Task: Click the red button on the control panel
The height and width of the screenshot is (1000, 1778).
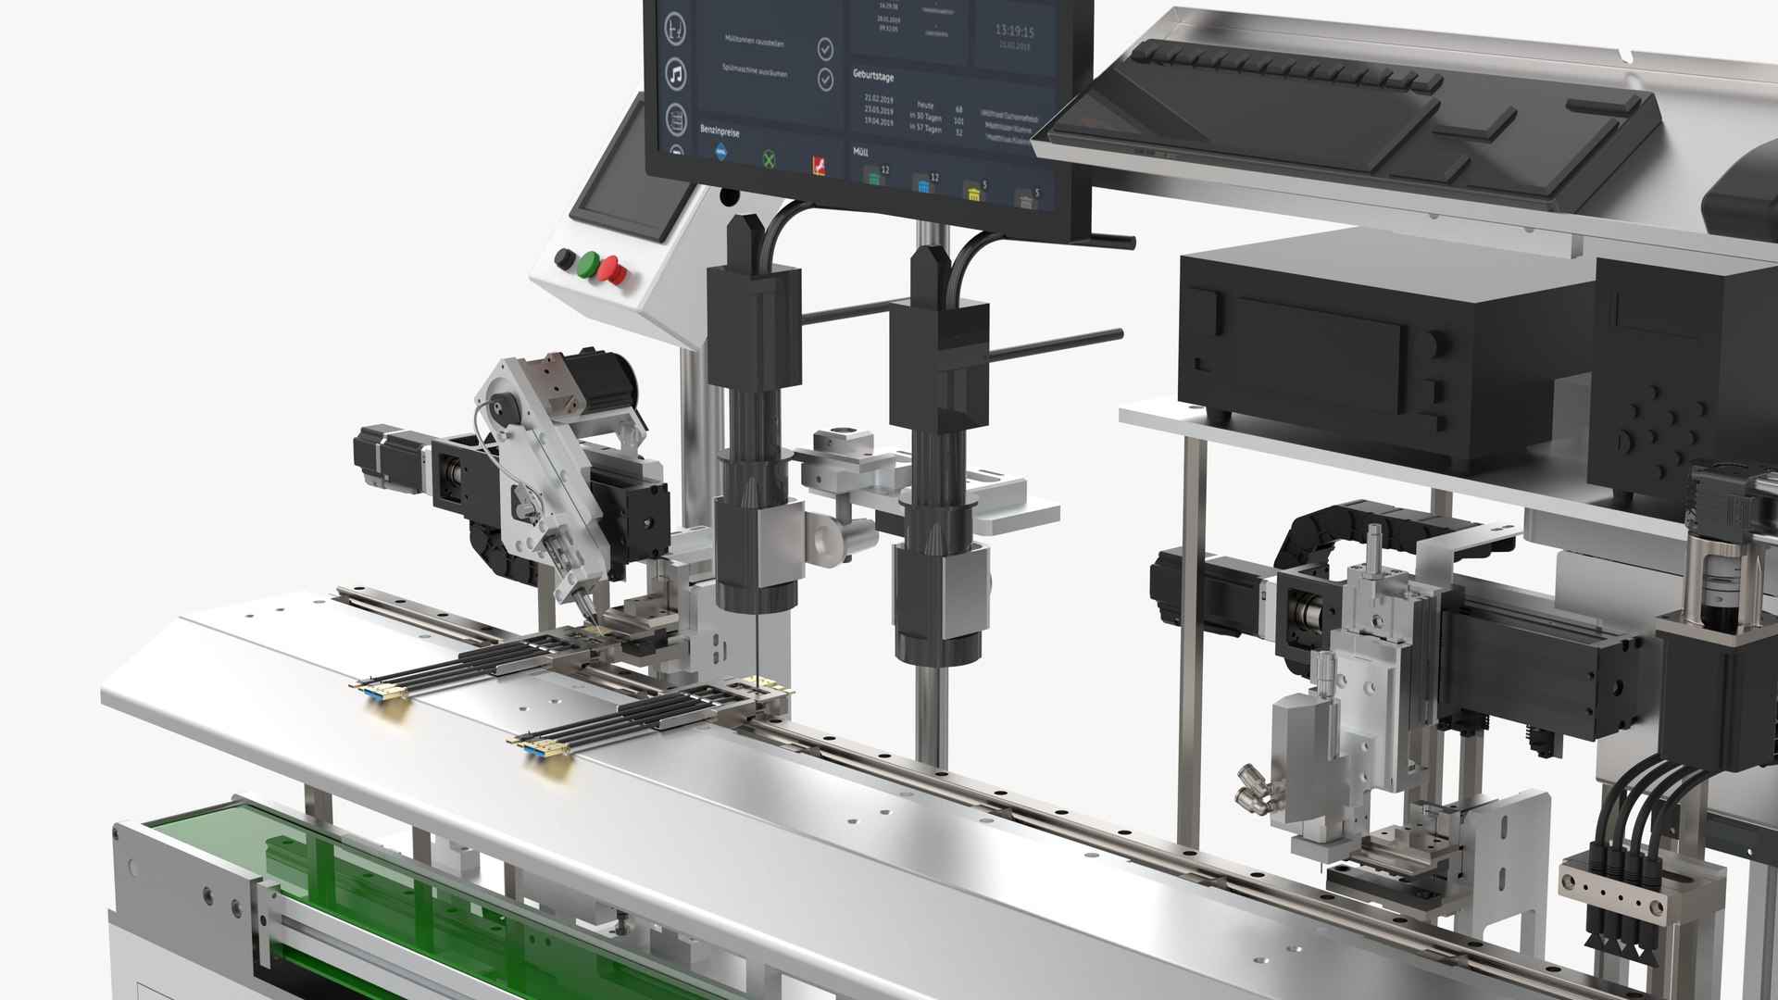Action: point(611,270)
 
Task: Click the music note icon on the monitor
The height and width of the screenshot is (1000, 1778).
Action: point(677,74)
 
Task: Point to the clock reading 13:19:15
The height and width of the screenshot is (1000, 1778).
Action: point(1014,31)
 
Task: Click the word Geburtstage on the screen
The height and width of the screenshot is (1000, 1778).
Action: point(873,76)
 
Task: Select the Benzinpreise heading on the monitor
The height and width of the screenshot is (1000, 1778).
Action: point(720,132)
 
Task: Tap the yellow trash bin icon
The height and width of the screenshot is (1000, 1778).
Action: point(973,193)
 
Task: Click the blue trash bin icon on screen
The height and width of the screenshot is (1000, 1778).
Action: point(922,185)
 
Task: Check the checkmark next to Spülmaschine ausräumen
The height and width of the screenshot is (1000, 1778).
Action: point(825,80)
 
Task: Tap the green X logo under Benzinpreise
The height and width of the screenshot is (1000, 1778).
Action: point(769,159)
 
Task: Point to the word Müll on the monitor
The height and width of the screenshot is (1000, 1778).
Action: point(860,151)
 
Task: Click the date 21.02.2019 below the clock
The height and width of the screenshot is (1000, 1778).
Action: point(1015,46)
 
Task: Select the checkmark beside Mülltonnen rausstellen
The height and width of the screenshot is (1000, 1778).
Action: point(825,48)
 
